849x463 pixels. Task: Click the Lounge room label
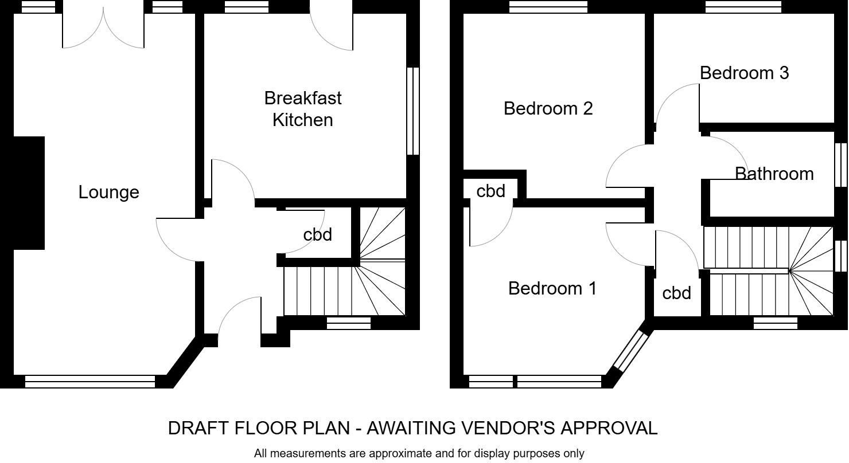click(108, 193)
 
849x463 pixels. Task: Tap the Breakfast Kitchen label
click(302, 109)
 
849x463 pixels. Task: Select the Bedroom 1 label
click(552, 288)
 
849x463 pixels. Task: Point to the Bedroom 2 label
click(548, 108)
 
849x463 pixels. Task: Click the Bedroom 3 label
click(744, 73)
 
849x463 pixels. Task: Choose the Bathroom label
click(774, 174)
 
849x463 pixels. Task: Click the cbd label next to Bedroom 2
click(490, 191)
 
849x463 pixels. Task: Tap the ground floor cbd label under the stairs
click(317, 235)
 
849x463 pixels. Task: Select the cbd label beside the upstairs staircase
click(676, 293)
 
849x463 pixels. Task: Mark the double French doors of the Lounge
click(103, 29)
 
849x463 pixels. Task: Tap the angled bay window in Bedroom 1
click(629, 350)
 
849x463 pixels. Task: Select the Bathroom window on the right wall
click(840, 164)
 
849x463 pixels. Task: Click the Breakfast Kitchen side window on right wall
click(412, 111)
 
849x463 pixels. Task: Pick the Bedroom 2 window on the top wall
click(548, 6)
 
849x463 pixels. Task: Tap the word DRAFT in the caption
click(197, 428)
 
